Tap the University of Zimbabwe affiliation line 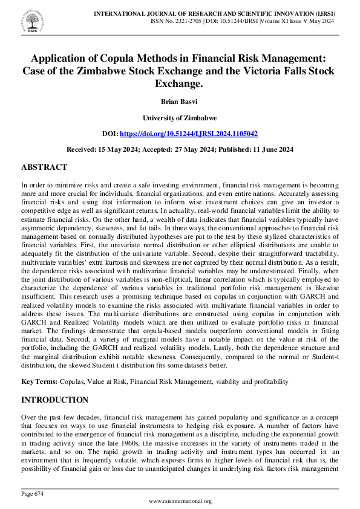180,118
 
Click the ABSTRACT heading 44,167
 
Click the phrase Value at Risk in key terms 109,382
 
